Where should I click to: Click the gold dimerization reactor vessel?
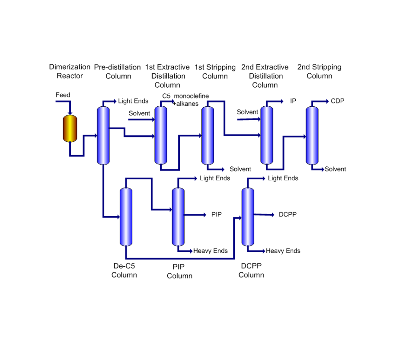(x=70, y=128)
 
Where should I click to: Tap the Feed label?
(x=63, y=95)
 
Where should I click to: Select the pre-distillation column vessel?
(x=103, y=136)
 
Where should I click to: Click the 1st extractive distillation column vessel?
(x=161, y=135)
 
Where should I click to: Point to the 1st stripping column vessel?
(x=208, y=136)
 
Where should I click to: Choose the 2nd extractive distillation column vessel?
(x=267, y=135)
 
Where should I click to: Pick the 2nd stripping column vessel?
(x=312, y=136)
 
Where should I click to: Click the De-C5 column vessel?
(x=126, y=217)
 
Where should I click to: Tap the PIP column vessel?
(x=178, y=217)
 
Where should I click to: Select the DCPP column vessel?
(x=248, y=217)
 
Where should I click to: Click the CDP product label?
(x=337, y=101)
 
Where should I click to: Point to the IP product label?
(x=293, y=101)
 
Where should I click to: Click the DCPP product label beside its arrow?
(x=287, y=215)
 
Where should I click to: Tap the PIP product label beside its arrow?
(x=216, y=215)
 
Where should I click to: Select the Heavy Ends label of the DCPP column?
(x=283, y=251)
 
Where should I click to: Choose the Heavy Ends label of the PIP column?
(x=210, y=251)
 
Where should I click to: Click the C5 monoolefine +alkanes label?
(x=185, y=100)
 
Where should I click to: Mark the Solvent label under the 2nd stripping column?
(x=335, y=169)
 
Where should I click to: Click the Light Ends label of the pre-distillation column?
(x=133, y=101)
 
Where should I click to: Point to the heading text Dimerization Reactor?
(x=70, y=71)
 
